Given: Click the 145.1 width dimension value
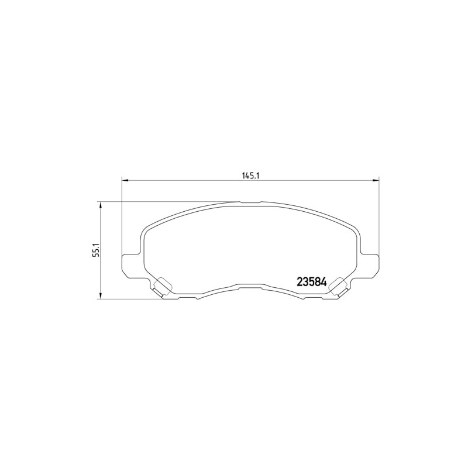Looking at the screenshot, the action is [x=250, y=176].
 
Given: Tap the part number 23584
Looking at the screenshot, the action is [x=312, y=282].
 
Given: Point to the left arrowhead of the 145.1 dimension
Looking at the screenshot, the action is [x=125, y=180].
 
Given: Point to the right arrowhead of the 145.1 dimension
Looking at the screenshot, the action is [x=376, y=180].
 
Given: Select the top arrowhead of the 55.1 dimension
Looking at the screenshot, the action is [x=101, y=205].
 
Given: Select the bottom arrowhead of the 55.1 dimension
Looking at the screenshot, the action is [x=101, y=296].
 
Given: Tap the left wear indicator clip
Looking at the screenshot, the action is [x=162, y=287].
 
